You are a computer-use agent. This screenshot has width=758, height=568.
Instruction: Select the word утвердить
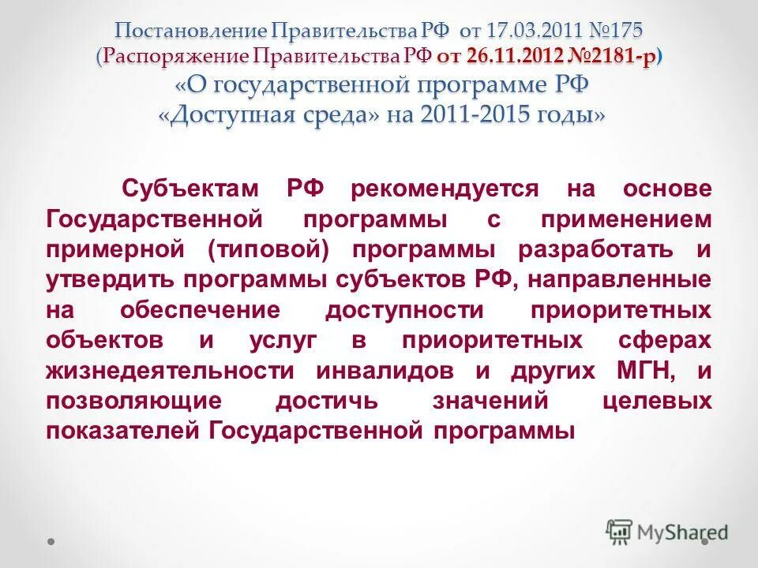(x=110, y=280)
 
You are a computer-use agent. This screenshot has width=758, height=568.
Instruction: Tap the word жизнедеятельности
(x=171, y=371)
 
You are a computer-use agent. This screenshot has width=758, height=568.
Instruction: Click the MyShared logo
(x=667, y=532)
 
